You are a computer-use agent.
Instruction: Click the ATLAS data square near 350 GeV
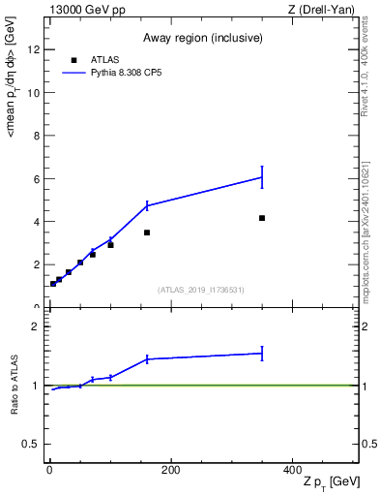coord(262,218)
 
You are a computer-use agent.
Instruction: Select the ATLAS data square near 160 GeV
coord(147,232)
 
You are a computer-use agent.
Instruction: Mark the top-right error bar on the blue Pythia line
coord(262,176)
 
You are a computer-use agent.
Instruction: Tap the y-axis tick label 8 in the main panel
coord(38,137)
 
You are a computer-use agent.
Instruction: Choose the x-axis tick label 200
coord(170,470)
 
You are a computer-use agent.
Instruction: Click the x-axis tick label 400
coord(292,470)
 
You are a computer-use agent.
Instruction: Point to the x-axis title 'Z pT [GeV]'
coord(330,481)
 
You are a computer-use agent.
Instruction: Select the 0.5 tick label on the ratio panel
coord(33,445)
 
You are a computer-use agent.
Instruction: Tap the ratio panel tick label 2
coord(38,326)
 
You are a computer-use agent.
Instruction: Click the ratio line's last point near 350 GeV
coord(262,353)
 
